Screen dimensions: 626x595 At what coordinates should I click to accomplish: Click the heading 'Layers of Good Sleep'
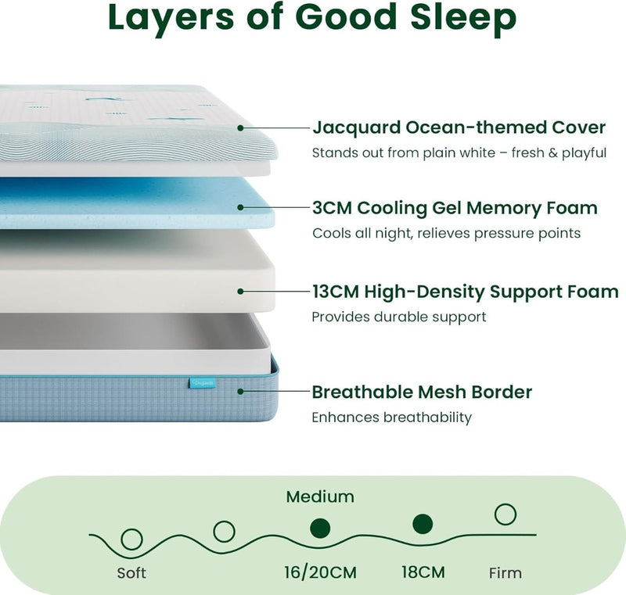[312, 18]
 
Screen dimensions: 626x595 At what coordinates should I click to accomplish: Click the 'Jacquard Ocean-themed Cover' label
[459, 127]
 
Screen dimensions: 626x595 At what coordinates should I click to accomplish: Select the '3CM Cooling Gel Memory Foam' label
[455, 208]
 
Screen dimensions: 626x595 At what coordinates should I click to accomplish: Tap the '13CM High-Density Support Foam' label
[465, 292]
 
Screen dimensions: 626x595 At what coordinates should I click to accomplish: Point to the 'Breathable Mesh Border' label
[422, 392]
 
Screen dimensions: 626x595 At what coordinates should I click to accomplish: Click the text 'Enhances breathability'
[392, 418]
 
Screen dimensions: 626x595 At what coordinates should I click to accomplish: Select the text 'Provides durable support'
[399, 317]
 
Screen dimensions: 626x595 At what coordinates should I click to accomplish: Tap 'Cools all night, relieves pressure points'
[446, 233]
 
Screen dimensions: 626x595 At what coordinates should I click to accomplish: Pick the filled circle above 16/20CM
[320, 529]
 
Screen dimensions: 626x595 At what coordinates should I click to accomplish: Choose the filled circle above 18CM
[423, 524]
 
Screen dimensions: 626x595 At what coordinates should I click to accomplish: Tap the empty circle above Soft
[131, 539]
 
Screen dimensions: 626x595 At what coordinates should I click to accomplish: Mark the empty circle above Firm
[505, 514]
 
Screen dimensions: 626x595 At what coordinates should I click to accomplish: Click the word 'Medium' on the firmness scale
[320, 497]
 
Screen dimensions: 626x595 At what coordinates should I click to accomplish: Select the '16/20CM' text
[320, 572]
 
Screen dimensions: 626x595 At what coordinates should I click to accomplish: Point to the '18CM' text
[423, 572]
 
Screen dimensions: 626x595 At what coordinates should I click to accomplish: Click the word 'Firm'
[505, 573]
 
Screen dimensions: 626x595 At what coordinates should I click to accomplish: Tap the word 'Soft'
[131, 573]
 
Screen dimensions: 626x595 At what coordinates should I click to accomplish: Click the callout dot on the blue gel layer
[240, 207]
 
